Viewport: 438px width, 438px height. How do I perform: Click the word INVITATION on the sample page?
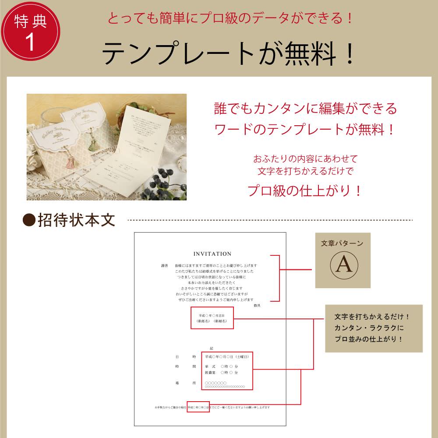212,254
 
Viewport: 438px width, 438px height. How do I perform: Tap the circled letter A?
343,265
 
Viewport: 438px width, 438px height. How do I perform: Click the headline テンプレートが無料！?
228,54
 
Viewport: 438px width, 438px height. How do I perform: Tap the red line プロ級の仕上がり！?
305,191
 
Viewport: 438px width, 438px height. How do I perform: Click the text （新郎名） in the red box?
204,321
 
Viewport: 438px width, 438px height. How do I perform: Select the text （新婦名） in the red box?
220,321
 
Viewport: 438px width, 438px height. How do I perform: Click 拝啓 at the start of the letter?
165,266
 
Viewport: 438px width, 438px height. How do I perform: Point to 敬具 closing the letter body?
257,305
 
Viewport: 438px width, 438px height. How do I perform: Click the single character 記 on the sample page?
212,348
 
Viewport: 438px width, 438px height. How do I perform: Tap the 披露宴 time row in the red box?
221,372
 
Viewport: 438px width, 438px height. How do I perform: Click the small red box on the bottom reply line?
198,407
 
